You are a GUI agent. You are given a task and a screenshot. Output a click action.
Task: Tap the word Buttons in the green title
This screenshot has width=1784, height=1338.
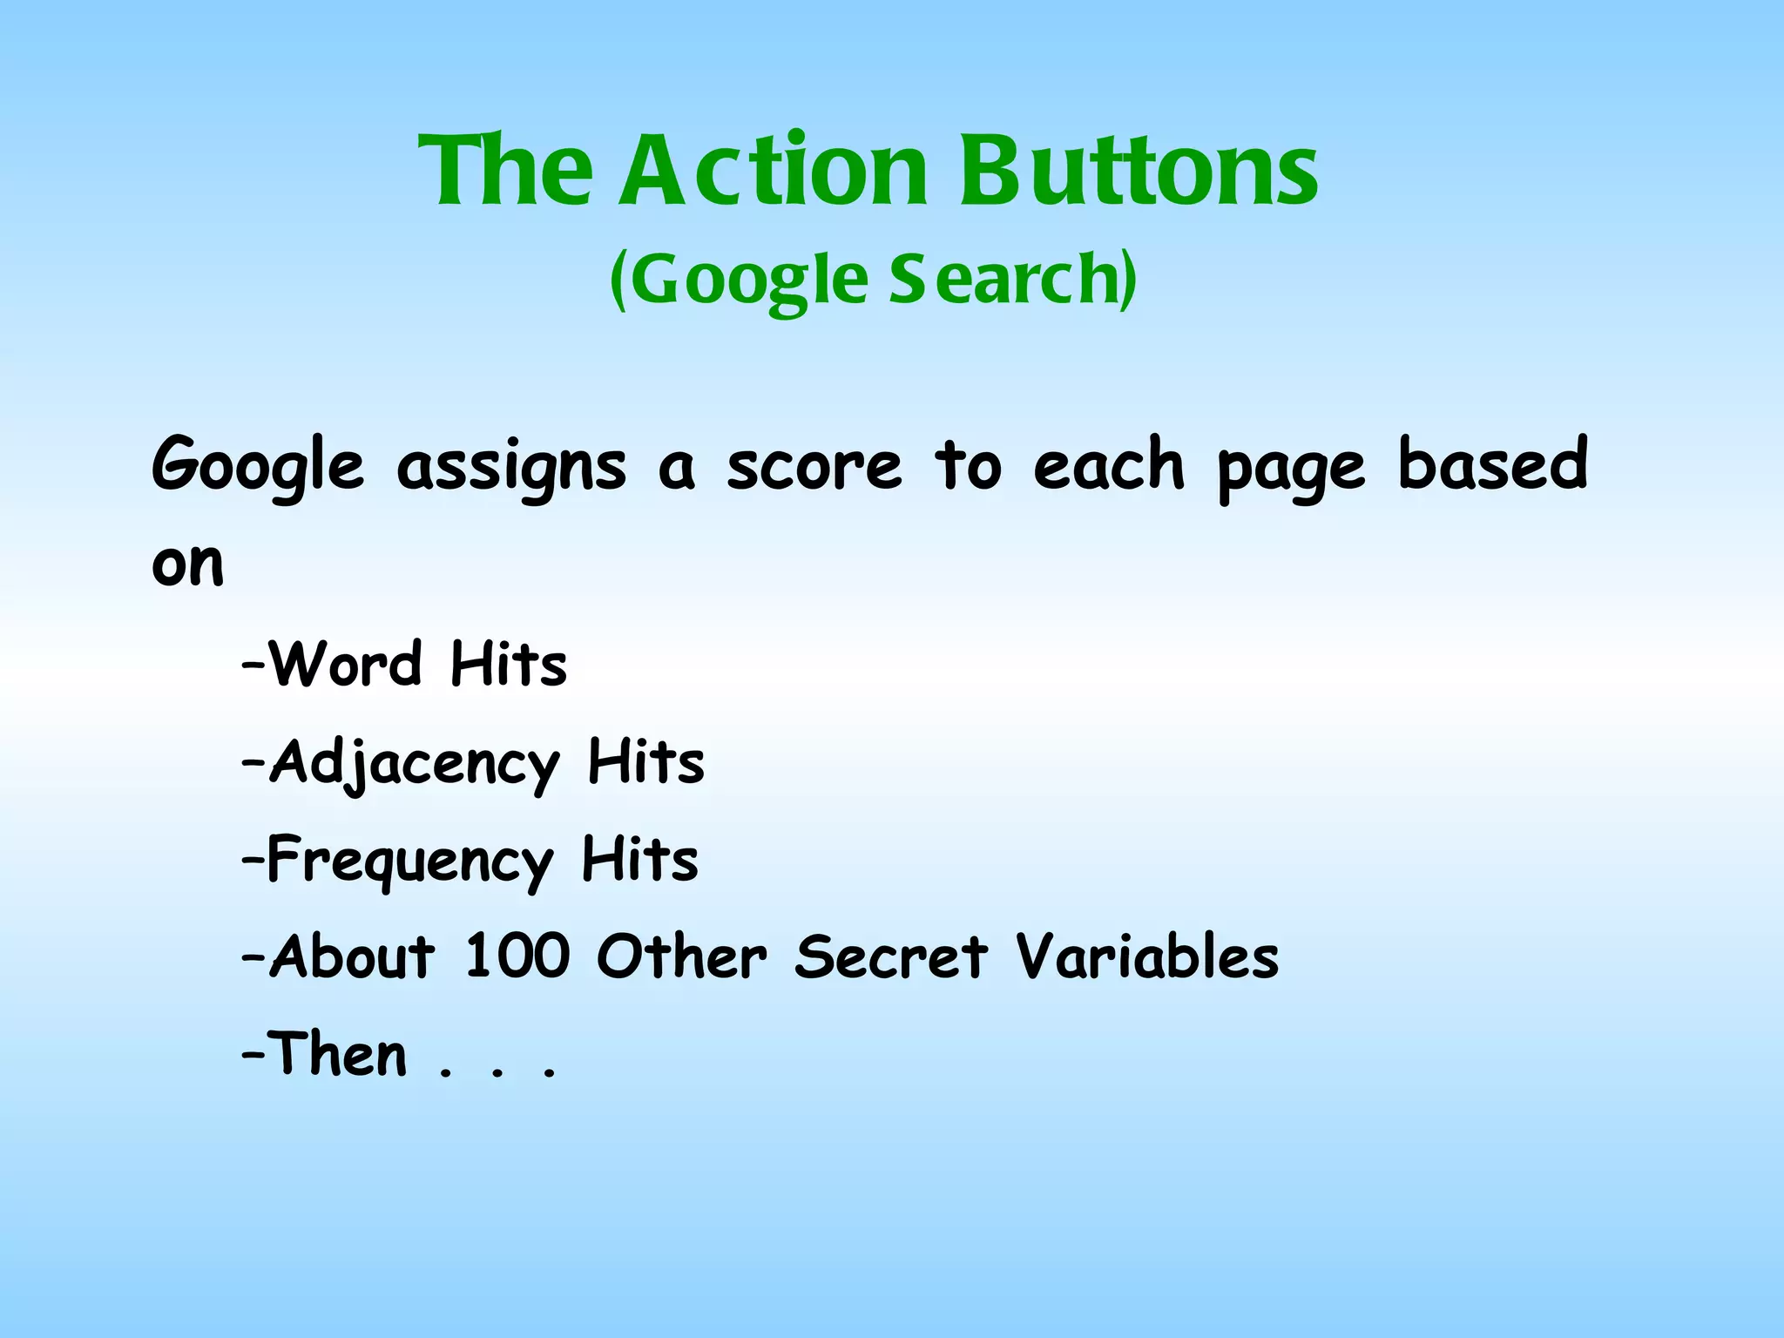(x=1139, y=171)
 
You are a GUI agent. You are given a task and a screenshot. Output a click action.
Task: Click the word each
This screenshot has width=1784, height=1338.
(x=1109, y=464)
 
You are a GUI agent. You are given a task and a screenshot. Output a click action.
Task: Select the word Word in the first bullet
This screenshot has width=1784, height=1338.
(x=346, y=664)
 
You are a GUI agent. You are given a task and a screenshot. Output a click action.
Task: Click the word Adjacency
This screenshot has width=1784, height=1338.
(x=414, y=764)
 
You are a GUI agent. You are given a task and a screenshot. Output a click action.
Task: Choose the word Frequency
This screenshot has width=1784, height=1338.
(x=409, y=862)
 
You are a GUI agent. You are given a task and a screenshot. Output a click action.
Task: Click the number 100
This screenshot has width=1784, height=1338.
(x=517, y=956)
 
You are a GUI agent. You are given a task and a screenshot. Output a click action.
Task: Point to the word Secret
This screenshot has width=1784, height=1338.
(x=891, y=956)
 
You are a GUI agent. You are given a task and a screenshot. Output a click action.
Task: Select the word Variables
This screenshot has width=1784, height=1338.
(x=1147, y=956)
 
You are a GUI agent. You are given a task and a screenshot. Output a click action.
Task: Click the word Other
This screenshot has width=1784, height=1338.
(x=681, y=956)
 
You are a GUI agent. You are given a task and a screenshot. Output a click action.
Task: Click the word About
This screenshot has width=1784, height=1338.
(x=351, y=956)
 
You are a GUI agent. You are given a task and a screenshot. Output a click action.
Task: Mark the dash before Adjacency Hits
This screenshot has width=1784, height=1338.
(x=253, y=762)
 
